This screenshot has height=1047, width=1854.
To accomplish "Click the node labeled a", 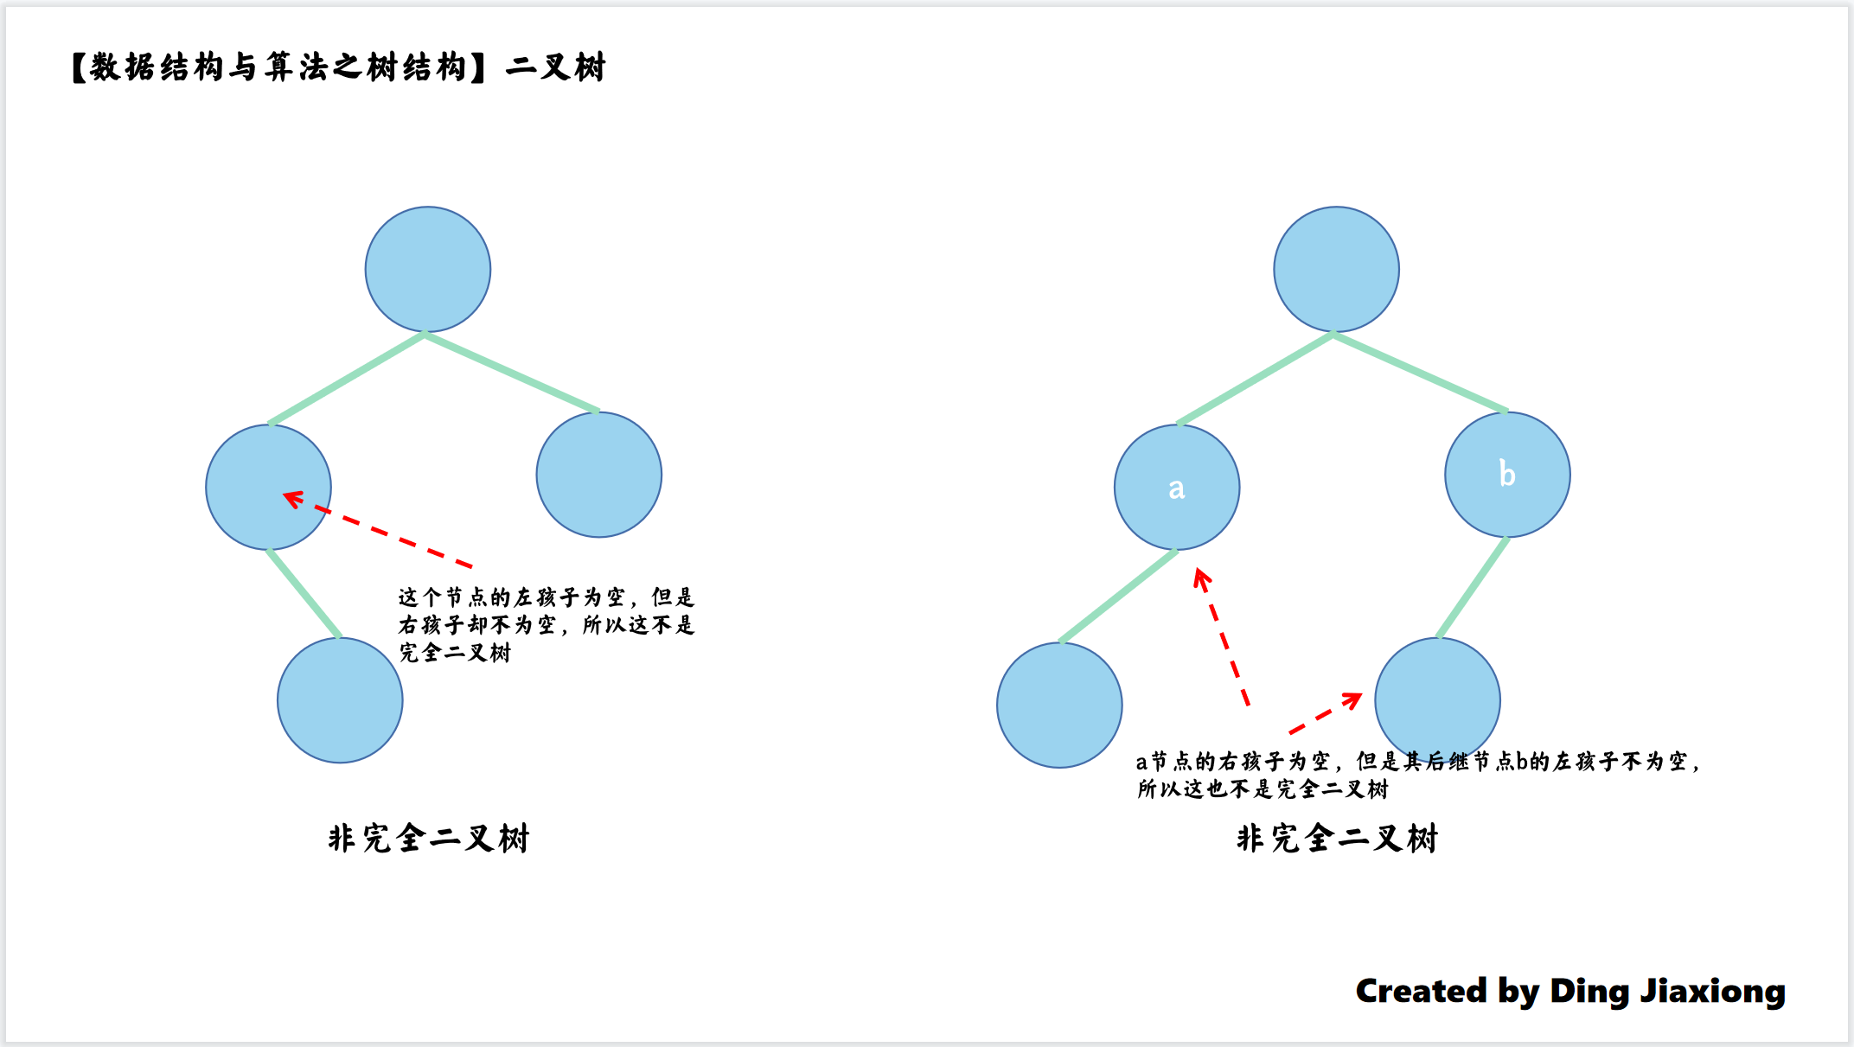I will click(x=1176, y=488).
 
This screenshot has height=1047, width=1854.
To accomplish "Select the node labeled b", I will click(x=1507, y=475).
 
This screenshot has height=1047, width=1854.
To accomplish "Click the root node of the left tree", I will click(x=428, y=269).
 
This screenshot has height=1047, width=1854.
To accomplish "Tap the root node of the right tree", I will click(x=1336, y=269).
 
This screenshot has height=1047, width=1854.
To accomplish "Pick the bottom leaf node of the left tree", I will click(x=340, y=700).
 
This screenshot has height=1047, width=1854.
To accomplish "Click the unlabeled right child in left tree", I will click(x=598, y=475).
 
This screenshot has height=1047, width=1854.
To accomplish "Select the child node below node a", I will click(x=1059, y=705).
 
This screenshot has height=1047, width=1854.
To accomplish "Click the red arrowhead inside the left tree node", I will click(x=293, y=499).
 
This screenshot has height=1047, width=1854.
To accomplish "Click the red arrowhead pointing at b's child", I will click(x=1352, y=699).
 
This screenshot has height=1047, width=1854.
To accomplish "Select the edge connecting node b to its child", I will click(x=1473, y=588).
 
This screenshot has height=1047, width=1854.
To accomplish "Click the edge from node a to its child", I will click(x=1118, y=597).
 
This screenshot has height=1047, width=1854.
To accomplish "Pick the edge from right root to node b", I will click(x=1421, y=373).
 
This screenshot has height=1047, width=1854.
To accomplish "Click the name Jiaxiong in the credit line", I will click(x=1712, y=991).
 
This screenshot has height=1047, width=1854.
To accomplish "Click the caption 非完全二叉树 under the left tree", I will click(x=428, y=839).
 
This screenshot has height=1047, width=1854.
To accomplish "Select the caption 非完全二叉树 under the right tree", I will click(x=1337, y=839).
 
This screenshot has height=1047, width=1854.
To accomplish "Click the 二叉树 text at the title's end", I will click(x=555, y=67).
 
